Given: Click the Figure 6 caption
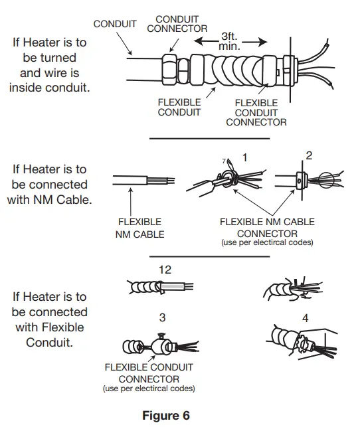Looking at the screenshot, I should pyautogui.click(x=166, y=416).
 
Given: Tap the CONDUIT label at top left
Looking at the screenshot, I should pyautogui.click(x=115, y=24).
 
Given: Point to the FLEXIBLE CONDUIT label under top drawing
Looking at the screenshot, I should pyautogui.click(x=179, y=108).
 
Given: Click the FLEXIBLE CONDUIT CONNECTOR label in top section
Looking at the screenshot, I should pyautogui.click(x=256, y=112).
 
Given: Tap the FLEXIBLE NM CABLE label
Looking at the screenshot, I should pyautogui.click(x=139, y=228).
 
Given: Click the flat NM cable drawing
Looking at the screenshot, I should pyautogui.click(x=142, y=181).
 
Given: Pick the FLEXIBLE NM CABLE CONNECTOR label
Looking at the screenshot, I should pyautogui.click(x=267, y=228).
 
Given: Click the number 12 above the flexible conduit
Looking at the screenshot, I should pyautogui.click(x=165, y=270).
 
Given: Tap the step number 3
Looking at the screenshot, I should pyautogui.click(x=162, y=317).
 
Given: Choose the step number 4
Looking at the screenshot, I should pyautogui.click(x=305, y=318).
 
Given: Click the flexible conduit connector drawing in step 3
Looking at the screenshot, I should pyautogui.click(x=159, y=346).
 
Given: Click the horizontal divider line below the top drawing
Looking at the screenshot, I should pyautogui.click(x=209, y=139).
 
